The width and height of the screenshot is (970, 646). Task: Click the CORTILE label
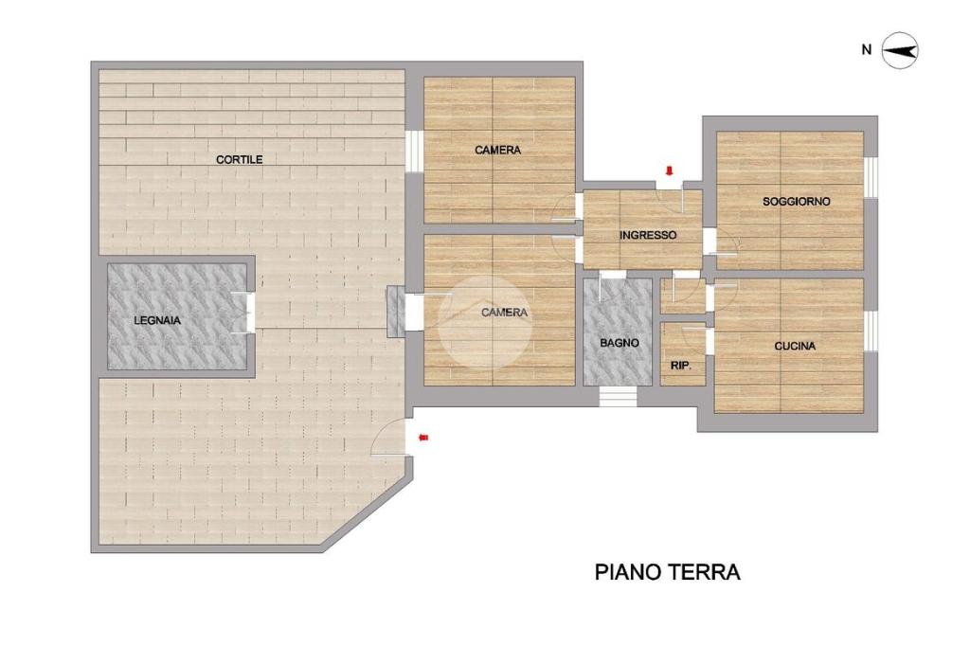point(240,160)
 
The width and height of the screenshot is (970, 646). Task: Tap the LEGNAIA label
point(157,320)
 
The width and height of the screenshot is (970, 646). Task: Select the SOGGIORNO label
point(796,201)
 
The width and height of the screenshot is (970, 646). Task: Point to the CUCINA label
point(795,346)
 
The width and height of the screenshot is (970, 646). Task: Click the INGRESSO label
point(648,235)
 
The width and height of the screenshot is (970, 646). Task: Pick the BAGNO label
point(620,342)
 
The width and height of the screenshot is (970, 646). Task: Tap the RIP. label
point(680,366)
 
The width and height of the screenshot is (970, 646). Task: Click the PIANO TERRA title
point(668,572)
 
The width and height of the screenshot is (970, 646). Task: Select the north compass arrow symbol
point(900,51)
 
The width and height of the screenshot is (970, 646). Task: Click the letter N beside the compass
point(866,50)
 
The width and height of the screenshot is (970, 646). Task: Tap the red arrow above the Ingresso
point(669,170)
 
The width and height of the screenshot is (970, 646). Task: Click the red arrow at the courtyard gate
point(423,439)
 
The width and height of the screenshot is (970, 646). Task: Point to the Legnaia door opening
point(250,312)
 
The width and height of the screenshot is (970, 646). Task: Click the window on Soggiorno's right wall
point(871,178)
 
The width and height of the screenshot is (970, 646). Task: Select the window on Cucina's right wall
point(871,331)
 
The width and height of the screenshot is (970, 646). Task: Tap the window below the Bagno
point(618,397)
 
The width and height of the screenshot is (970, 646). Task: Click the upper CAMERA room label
point(497,150)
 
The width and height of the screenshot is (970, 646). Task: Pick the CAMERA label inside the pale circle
point(504,313)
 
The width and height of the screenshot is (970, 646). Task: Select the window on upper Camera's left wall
point(414,152)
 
